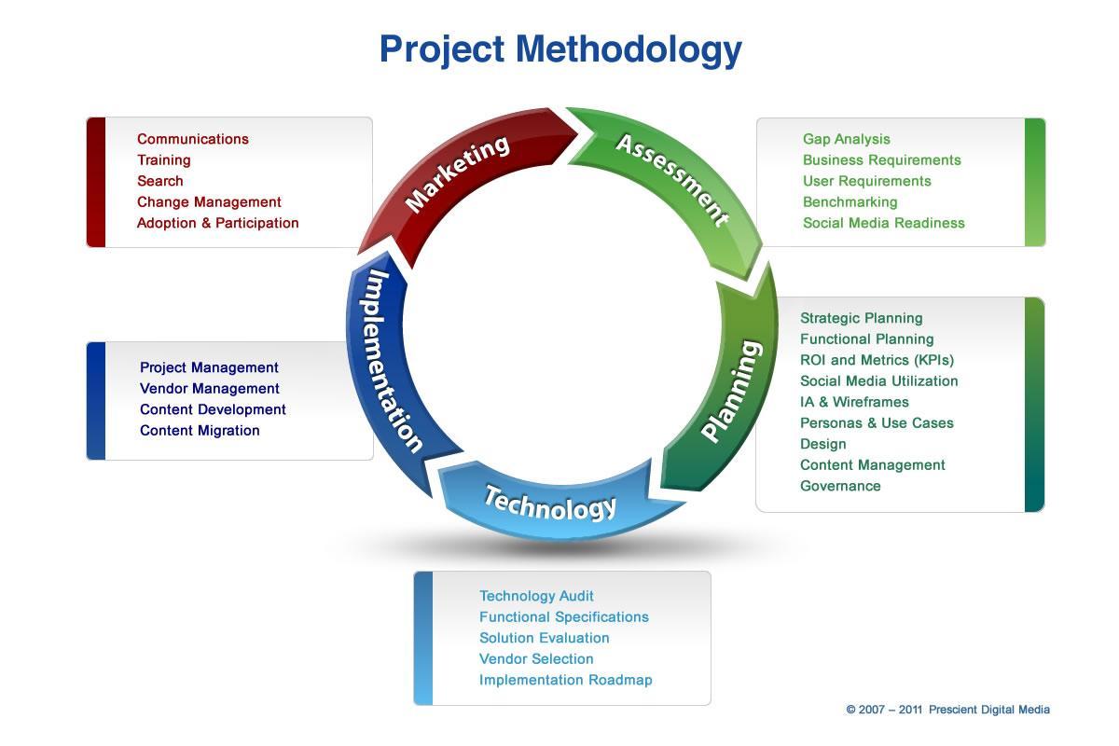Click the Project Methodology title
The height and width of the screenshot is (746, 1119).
click(x=560, y=48)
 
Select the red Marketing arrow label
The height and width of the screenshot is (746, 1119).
click(x=458, y=173)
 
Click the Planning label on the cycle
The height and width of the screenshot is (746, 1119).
click(x=732, y=392)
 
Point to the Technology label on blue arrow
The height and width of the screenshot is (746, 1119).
click(x=550, y=503)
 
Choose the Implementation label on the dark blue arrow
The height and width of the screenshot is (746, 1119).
click(x=393, y=360)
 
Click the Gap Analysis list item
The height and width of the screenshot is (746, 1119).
click(x=846, y=139)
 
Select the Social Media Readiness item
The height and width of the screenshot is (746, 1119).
click(x=883, y=223)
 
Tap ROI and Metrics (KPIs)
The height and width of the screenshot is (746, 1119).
click(x=877, y=360)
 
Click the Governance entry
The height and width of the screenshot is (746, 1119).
click(x=840, y=486)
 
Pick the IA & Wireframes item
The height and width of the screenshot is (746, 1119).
click(x=854, y=402)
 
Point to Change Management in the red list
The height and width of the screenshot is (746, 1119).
click(x=209, y=202)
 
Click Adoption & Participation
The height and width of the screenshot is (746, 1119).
click(x=217, y=223)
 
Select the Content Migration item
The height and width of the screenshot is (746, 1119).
click(x=200, y=431)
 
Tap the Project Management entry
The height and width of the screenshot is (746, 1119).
click(x=209, y=367)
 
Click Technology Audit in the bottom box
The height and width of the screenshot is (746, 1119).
click(x=536, y=596)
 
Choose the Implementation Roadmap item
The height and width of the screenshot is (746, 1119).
click(x=565, y=680)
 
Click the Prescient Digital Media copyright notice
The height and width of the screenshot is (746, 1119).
click(x=947, y=710)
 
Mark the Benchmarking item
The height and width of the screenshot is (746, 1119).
click(x=850, y=202)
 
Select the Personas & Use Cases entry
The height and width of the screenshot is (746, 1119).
click(x=877, y=423)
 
